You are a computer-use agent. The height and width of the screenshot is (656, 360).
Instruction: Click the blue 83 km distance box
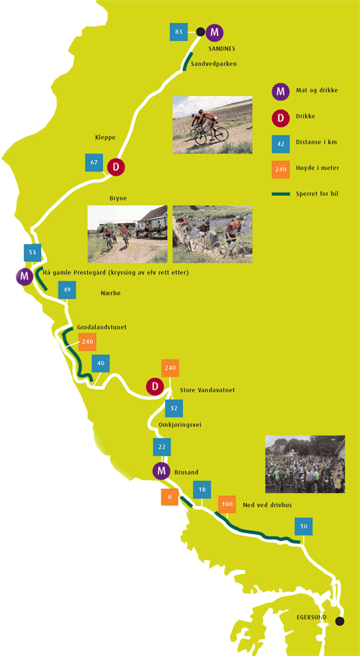[x=179, y=32]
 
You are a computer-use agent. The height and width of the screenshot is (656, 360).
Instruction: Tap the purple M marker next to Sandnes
[x=215, y=32]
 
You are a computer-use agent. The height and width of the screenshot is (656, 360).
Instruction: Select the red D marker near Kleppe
[x=116, y=167]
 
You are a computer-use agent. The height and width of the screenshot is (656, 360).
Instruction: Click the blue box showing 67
[x=94, y=163]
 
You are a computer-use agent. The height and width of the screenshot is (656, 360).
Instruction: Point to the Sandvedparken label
[x=214, y=64]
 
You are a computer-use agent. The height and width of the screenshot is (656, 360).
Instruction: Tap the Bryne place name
[x=118, y=198]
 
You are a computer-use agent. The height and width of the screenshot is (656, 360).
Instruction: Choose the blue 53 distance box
[x=32, y=252]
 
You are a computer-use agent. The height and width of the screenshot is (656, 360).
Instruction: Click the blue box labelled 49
[x=67, y=289]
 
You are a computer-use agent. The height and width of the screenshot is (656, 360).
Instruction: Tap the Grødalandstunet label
[x=102, y=327]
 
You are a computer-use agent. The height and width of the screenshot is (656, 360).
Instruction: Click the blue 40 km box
[x=101, y=363]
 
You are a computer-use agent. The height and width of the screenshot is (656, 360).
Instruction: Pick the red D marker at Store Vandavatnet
[x=155, y=386]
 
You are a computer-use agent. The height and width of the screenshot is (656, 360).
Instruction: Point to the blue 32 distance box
[x=174, y=408]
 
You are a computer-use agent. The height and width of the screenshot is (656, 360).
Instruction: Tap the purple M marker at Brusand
[x=161, y=471]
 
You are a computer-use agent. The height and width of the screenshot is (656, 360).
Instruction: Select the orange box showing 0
[x=169, y=497]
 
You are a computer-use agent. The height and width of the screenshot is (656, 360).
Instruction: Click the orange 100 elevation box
[x=227, y=504]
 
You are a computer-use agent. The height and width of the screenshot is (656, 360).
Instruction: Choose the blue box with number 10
[x=304, y=526]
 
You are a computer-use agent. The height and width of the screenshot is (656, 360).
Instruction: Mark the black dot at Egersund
[x=340, y=621]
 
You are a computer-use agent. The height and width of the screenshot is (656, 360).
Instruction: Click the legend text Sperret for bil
[x=316, y=194]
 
